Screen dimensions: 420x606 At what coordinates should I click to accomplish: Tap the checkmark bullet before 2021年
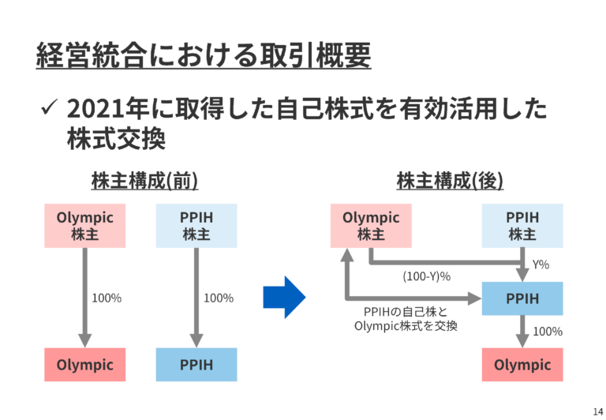48,109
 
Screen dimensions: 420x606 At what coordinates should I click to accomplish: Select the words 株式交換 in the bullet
116,140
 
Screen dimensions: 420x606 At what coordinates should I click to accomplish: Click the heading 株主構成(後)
450,181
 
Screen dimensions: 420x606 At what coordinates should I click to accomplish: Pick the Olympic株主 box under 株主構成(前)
84,225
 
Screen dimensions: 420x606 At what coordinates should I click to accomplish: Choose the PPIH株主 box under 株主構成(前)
196,225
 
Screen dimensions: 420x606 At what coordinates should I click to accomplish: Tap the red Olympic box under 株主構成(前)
84,365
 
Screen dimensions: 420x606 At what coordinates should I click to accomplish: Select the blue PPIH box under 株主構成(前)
196,365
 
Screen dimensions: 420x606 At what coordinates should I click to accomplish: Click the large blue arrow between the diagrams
284,297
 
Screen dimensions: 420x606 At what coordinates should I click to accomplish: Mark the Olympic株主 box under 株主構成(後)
371,225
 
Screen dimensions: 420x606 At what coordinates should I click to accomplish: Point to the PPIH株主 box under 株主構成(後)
522,225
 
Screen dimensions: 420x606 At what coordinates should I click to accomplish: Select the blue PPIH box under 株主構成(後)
522,298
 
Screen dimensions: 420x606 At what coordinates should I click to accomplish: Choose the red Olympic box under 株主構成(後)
522,365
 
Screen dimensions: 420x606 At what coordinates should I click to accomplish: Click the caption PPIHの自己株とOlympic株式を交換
406,318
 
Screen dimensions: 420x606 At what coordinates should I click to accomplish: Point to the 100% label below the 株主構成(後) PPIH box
548,332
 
